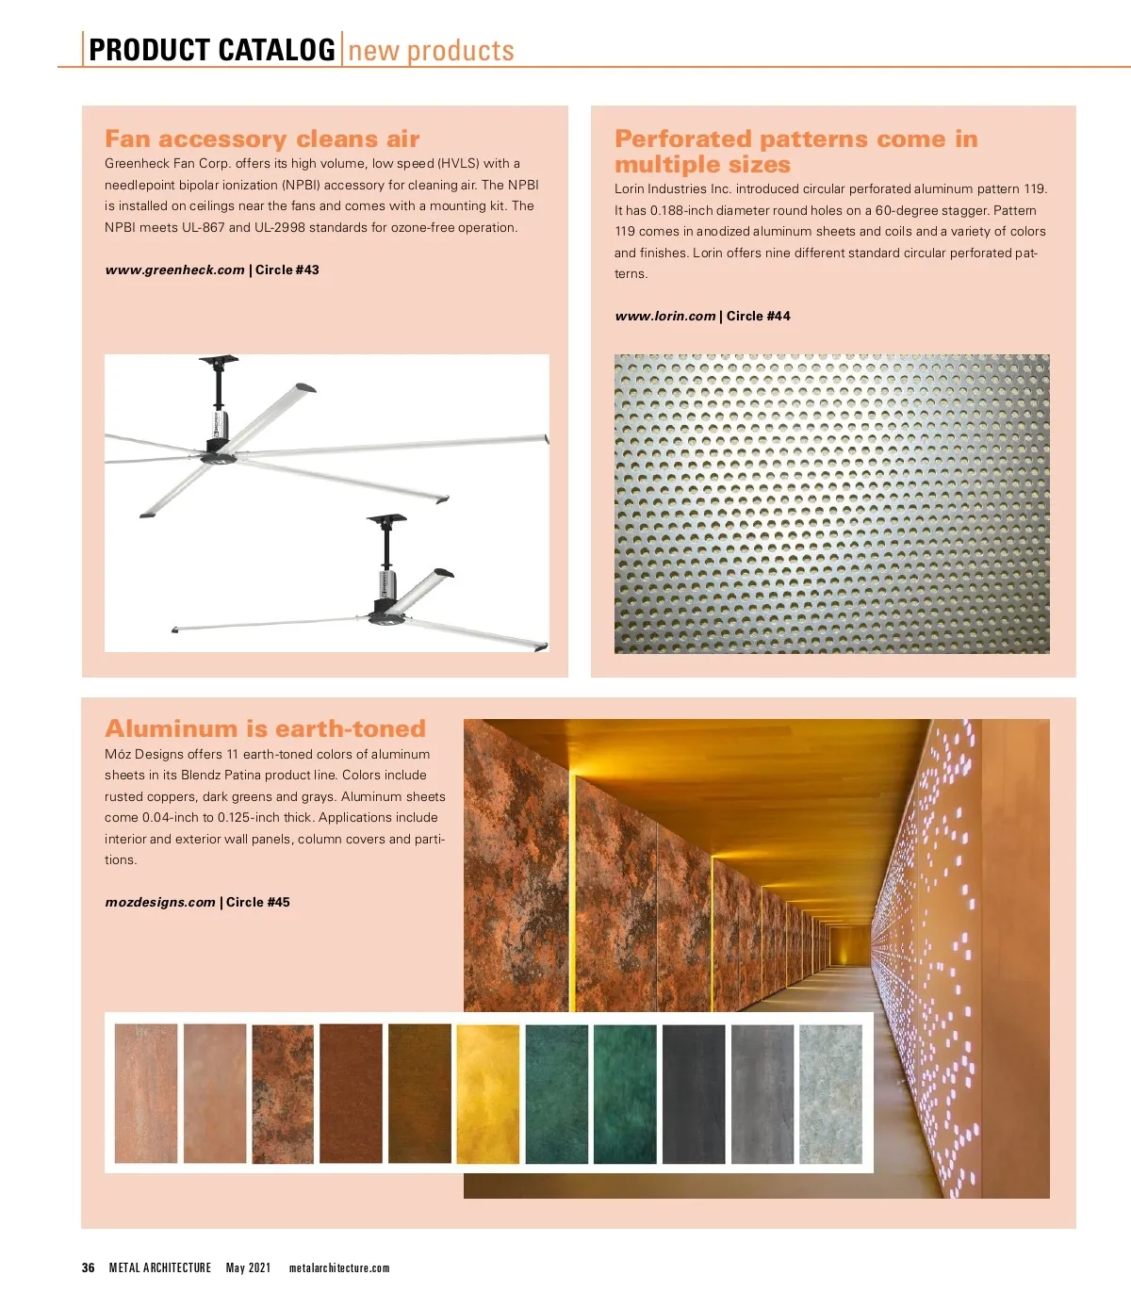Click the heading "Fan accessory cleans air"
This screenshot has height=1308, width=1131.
[x=262, y=139]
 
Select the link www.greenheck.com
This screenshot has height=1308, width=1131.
[x=174, y=270]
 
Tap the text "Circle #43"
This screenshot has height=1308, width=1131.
[x=287, y=270]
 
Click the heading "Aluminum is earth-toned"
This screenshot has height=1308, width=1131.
[x=265, y=728]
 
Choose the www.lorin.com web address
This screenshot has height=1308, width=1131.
[x=664, y=317]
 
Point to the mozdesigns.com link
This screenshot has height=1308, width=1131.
[x=160, y=902]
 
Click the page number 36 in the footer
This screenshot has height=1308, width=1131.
[x=88, y=1267]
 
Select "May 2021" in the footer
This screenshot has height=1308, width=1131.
[x=248, y=1267]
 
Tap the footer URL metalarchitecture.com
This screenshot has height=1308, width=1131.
[x=339, y=1267]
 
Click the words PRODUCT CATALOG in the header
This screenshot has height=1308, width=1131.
[x=211, y=50]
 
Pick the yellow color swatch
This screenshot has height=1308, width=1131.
[x=487, y=1093]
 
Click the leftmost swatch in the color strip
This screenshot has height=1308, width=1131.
[x=146, y=1093]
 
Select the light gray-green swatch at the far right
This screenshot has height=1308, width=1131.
[x=830, y=1093]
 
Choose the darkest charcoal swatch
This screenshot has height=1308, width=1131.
[x=694, y=1093]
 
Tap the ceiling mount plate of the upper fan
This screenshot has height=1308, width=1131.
[x=219, y=361]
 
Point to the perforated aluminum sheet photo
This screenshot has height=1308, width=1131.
[x=831, y=503]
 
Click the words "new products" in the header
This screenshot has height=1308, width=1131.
[x=431, y=50]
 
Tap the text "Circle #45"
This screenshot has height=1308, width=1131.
[x=258, y=902]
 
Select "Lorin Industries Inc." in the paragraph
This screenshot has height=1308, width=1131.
[x=673, y=189]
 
